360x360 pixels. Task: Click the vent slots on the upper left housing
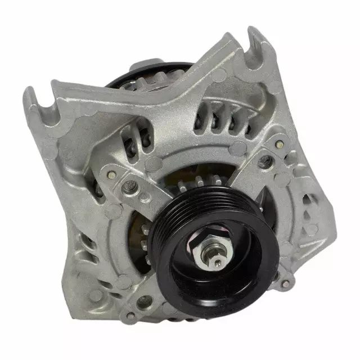135,136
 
